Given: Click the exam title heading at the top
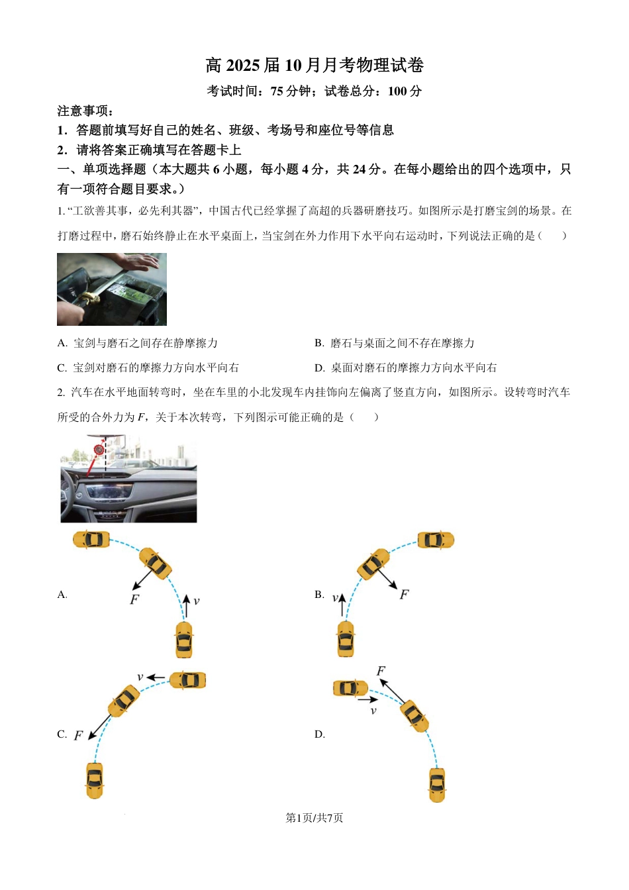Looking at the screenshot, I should click(314, 65).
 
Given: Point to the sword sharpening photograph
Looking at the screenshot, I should click(112, 289).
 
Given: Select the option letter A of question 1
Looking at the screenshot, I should click(62, 343).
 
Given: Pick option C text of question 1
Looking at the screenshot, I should click(156, 368).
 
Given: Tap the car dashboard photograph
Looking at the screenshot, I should click(128, 479).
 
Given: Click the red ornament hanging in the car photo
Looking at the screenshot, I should click(99, 450).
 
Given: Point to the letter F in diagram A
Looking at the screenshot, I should click(134, 599).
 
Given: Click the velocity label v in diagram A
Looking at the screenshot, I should click(196, 601).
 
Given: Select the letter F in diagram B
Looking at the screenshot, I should click(404, 595).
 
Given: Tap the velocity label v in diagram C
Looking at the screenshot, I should click(140, 677).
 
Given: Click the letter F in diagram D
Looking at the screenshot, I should click(381, 671).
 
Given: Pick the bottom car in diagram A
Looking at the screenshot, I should click(184, 640).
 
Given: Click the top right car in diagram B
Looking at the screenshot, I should click(436, 540).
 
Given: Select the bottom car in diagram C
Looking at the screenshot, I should click(95, 780).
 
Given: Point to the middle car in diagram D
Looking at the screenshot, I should click(414, 716).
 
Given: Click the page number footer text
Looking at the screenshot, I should click(314, 818).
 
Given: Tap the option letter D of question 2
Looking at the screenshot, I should click(319, 734).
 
